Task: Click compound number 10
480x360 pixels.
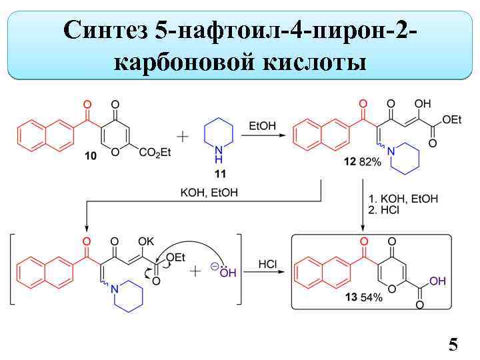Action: point(91,155)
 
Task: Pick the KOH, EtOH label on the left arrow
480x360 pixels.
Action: point(209,192)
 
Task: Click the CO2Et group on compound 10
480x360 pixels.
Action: point(155,153)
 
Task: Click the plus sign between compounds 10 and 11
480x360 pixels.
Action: point(182,136)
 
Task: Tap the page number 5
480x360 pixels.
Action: point(453,344)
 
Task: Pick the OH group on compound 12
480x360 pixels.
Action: point(422,104)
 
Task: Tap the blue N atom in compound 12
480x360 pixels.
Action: point(391,153)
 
